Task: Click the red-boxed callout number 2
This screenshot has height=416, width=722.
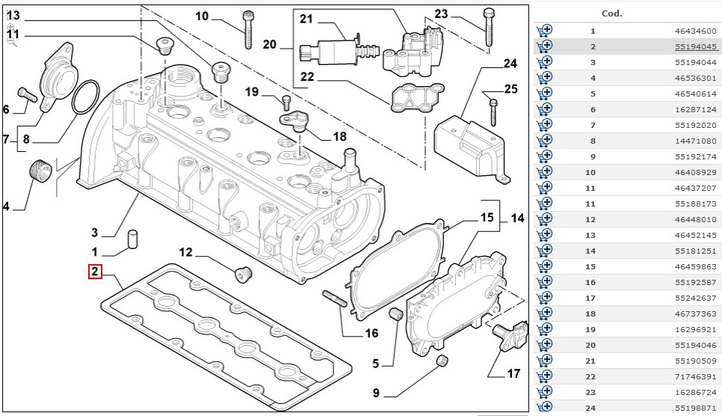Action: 95,272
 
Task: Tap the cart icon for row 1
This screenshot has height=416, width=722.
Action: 544,31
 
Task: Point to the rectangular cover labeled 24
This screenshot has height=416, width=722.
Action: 467,142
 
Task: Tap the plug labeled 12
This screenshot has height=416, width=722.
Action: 243,273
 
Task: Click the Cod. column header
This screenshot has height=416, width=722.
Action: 611,13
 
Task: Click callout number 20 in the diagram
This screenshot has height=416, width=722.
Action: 270,45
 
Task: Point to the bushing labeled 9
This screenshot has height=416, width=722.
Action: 442,364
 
